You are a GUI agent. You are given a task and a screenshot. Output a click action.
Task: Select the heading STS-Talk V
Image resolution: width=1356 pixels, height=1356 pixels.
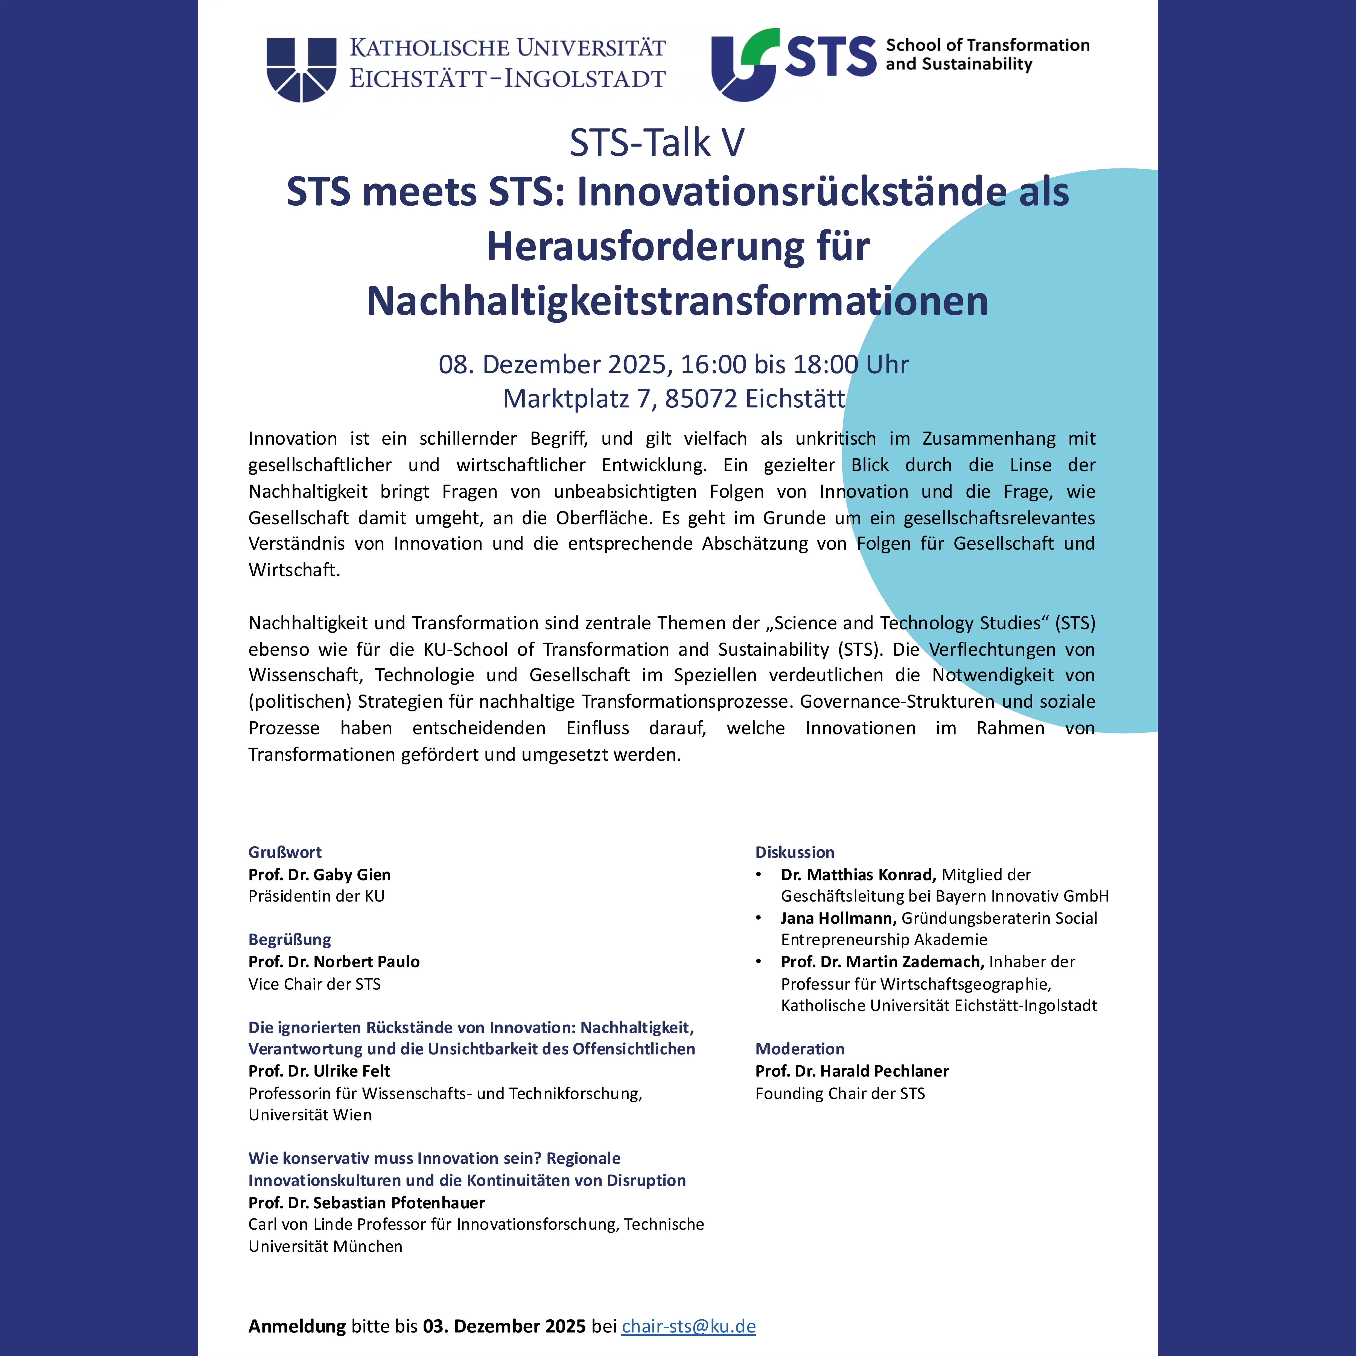click(x=656, y=143)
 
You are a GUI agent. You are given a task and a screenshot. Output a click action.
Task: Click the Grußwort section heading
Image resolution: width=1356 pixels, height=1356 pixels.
click(x=285, y=852)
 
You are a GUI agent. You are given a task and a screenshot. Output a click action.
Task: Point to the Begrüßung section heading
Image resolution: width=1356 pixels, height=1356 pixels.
click(x=289, y=939)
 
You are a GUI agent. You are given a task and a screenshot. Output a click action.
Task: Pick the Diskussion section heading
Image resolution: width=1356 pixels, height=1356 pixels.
click(x=795, y=852)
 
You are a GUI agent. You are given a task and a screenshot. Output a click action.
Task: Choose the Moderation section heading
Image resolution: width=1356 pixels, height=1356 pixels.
click(x=800, y=1049)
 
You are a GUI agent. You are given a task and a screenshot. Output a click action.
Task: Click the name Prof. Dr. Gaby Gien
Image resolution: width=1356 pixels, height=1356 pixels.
click(x=319, y=874)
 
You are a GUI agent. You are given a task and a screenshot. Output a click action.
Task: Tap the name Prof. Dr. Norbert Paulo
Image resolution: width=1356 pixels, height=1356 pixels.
click(x=334, y=961)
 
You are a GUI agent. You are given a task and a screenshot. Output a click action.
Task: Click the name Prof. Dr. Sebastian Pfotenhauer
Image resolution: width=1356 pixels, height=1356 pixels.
click(x=366, y=1202)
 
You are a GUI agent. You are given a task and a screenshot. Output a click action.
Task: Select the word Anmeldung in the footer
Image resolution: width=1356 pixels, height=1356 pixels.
click(x=297, y=1326)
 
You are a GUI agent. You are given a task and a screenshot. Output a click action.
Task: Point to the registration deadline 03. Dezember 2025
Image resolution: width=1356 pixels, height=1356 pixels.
click(x=504, y=1326)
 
